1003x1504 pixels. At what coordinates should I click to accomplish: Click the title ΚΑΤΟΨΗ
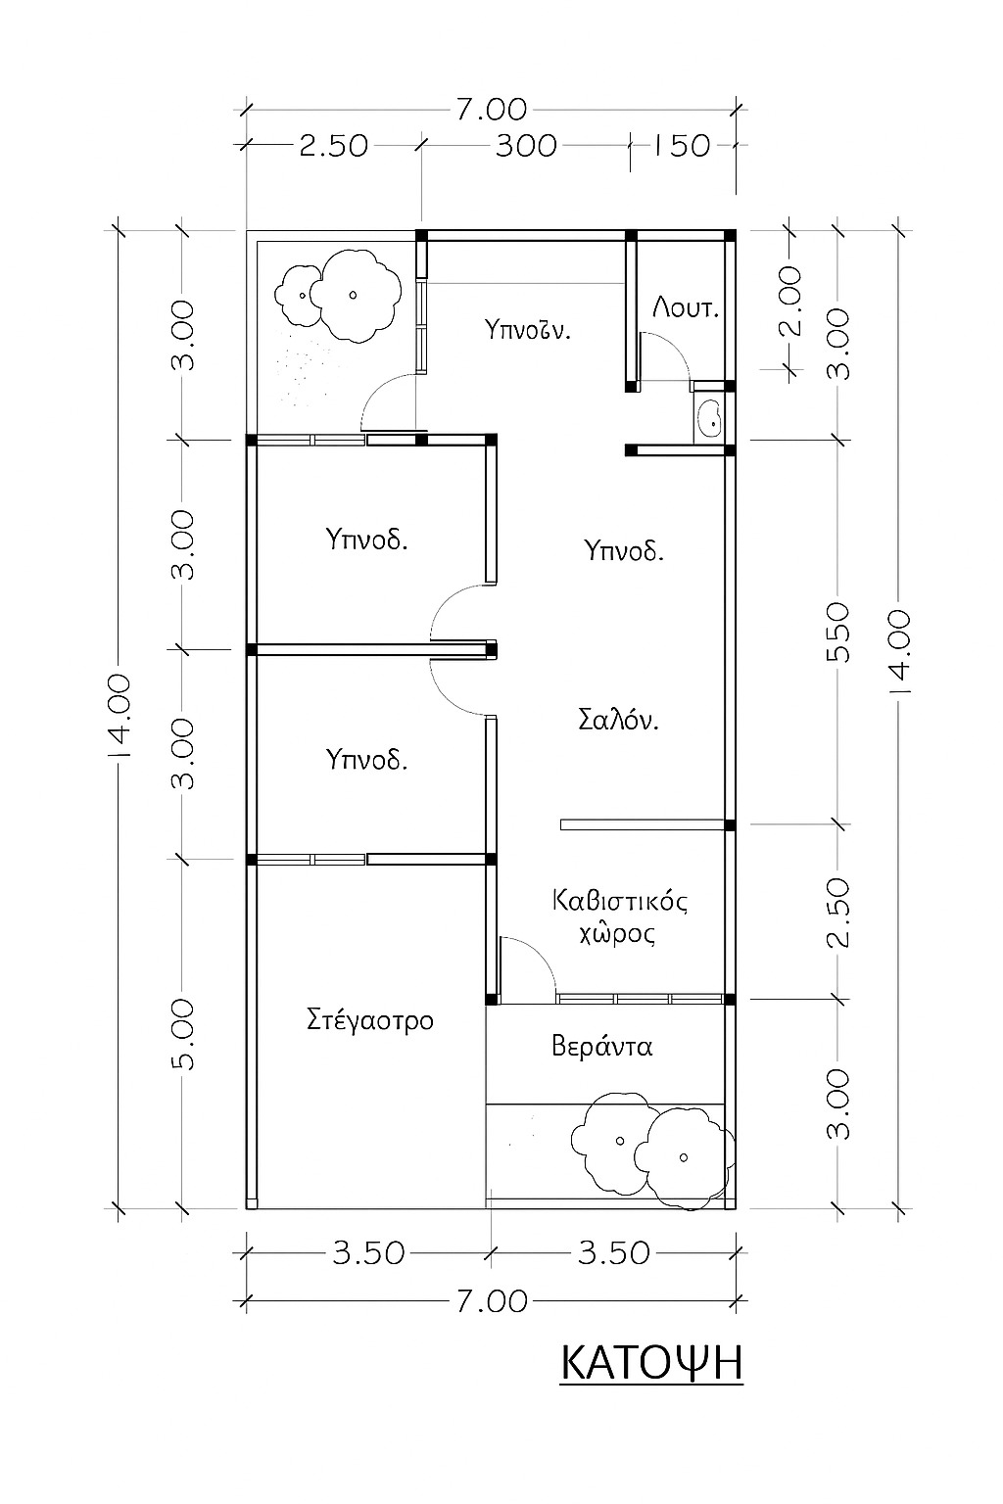pyautogui.click(x=651, y=1363)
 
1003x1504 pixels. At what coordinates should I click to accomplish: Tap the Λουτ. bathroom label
pyautogui.click(x=686, y=308)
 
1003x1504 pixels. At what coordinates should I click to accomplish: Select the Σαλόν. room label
pyautogui.click(x=618, y=721)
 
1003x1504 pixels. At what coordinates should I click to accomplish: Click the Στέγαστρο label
pyautogui.click(x=370, y=1020)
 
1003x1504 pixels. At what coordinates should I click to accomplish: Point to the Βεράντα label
pyautogui.click(x=601, y=1046)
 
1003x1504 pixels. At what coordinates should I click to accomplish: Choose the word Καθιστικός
pyautogui.click(x=620, y=900)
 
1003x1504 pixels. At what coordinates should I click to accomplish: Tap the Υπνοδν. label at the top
pyautogui.click(x=528, y=329)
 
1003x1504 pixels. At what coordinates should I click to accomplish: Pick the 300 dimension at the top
pyautogui.click(x=525, y=146)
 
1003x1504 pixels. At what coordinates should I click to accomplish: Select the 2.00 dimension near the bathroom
pyautogui.click(x=789, y=302)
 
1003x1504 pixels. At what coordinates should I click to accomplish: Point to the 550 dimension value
pyautogui.click(x=840, y=633)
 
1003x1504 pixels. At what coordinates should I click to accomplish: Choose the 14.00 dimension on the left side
pyautogui.click(x=119, y=717)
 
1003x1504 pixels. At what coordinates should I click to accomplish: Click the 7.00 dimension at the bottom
pyautogui.click(x=491, y=1301)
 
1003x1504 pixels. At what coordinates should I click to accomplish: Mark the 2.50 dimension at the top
pyautogui.click(x=333, y=146)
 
